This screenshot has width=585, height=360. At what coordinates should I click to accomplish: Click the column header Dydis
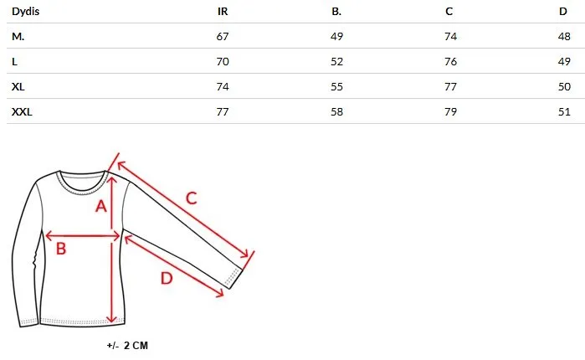25,12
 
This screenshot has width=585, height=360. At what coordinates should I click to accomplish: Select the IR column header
223,12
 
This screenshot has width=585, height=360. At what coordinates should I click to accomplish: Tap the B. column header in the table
336,12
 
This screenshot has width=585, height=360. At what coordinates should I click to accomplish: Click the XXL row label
22,112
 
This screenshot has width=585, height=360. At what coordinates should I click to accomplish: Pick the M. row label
18,37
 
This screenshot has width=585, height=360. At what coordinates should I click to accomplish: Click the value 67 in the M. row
223,37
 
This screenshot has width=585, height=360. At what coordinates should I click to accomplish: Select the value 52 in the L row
336,62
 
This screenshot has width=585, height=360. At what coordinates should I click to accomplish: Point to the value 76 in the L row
451,62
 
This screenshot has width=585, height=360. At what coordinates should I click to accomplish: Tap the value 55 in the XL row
336,87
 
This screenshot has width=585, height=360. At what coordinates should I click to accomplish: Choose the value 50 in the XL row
564,87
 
